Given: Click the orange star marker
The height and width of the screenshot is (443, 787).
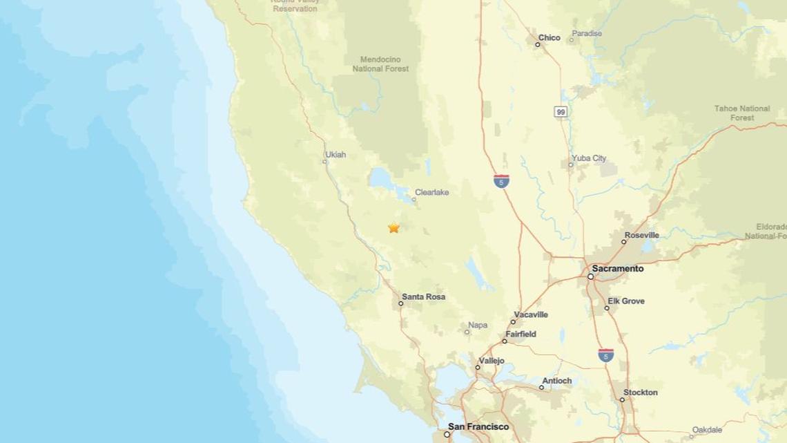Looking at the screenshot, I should pyautogui.click(x=393, y=227).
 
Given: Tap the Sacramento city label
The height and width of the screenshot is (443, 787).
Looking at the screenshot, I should pyautogui.click(x=617, y=268).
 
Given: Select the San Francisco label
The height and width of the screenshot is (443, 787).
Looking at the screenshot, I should pyautogui.click(x=478, y=426).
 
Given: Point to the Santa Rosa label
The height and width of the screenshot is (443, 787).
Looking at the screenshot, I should pyautogui.click(x=423, y=296).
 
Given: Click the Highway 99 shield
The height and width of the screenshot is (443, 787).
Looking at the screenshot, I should pyautogui.click(x=561, y=111).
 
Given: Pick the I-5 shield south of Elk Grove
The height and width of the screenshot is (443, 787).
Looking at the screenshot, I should pyautogui.click(x=605, y=355).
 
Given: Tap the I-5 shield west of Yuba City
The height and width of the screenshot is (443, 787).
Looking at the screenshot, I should pyautogui.click(x=502, y=181).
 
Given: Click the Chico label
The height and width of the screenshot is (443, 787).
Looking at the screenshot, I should pyautogui.click(x=549, y=37).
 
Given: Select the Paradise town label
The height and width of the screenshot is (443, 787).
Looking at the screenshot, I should pyautogui.click(x=587, y=33).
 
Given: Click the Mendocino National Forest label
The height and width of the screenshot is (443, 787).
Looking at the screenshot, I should pyautogui.click(x=380, y=64).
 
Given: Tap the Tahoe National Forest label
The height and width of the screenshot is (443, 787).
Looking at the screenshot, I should pyautogui.click(x=741, y=113).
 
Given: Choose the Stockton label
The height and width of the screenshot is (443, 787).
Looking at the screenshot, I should pyautogui.click(x=640, y=392).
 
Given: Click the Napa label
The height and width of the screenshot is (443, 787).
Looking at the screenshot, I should pyautogui.click(x=478, y=325).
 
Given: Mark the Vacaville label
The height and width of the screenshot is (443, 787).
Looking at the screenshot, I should pyautogui.click(x=531, y=314).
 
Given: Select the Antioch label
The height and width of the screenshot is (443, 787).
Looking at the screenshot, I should pyautogui.click(x=556, y=380).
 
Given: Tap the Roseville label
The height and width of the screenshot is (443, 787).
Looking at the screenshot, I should pyautogui.click(x=641, y=235).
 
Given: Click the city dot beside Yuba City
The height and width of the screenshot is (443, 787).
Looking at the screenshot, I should pyautogui.click(x=571, y=164).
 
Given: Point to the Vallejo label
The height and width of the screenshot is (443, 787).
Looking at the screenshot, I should pyautogui.click(x=492, y=360).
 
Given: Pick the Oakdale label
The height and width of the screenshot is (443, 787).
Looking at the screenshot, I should pyautogui.click(x=707, y=429).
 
